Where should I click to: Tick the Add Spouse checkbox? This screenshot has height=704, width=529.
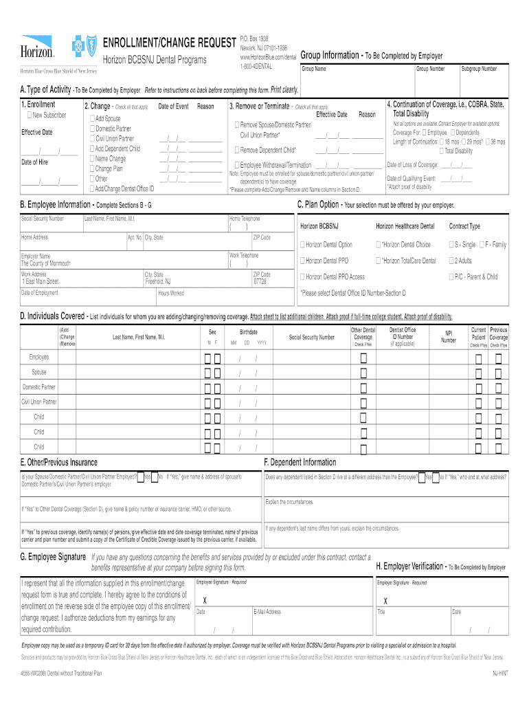point(92,119)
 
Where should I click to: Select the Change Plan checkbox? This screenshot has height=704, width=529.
point(92,168)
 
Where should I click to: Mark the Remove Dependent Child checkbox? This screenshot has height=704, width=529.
point(236,150)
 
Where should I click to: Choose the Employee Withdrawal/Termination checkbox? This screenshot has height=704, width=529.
point(236,165)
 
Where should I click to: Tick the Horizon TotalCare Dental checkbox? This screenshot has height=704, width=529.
point(378,261)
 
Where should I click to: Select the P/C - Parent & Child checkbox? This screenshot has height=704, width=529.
point(451,277)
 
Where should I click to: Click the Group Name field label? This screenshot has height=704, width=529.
point(314,69)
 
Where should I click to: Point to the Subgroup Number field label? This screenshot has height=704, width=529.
point(479,69)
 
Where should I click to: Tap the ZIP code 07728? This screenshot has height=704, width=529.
point(260,281)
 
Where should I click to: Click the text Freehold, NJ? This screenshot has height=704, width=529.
point(158,281)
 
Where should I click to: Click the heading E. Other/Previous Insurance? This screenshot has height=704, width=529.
point(59,462)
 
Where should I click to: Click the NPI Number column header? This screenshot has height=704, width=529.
point(449,336)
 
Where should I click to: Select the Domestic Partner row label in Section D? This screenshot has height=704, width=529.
point(39,387)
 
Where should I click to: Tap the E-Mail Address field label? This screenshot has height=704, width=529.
point(267,611)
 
